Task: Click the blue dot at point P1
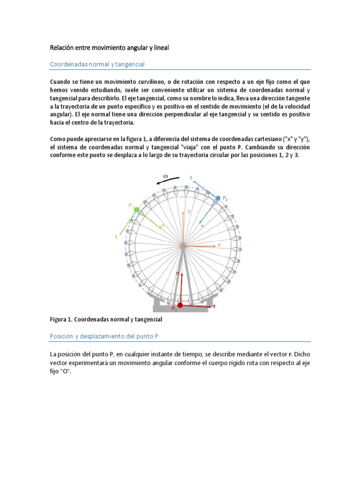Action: [x=218, y=199]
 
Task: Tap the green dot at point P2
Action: [x=136, y=210]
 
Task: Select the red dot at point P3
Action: [x=180, y=305]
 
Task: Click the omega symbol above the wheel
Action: [x=165, y=176]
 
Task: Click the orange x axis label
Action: [x=218, y=245]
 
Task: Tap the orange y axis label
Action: [x=189, y=211]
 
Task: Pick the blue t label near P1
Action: [x=191, y=178]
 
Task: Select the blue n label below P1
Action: [x=202, y=225]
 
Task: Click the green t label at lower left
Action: [x=116, y=237]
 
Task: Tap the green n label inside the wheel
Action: [x=162, y=225]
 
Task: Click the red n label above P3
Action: [x=177, y=273]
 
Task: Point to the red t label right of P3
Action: [x=214, y=306]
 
